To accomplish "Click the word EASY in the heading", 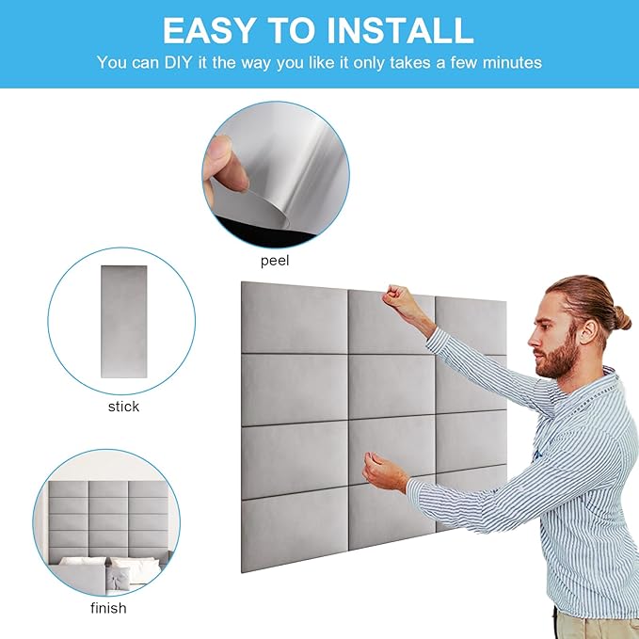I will pos(210,30).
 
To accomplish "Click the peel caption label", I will pos(275,261).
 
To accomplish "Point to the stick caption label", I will pos(123,407).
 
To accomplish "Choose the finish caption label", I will pos(108,608).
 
